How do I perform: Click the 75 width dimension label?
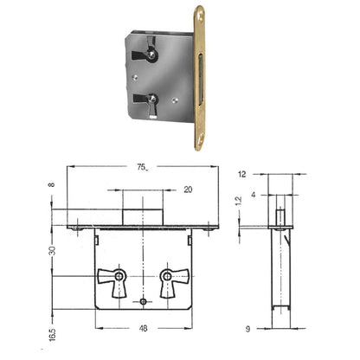[x=142, y=167]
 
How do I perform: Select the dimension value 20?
[x=188, y=190]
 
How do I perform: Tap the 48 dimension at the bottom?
[x=143, y=328]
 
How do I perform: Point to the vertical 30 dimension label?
[x=52, y=250]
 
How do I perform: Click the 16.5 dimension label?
[x=52, y=334]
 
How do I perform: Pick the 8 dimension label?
[x=52, y=184]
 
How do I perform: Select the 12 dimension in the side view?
[x=242, y=174]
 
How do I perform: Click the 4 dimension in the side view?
[x=253, y=195]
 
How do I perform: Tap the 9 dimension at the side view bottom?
[x=247, y=329]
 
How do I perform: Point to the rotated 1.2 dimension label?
[x=239, y=201]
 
